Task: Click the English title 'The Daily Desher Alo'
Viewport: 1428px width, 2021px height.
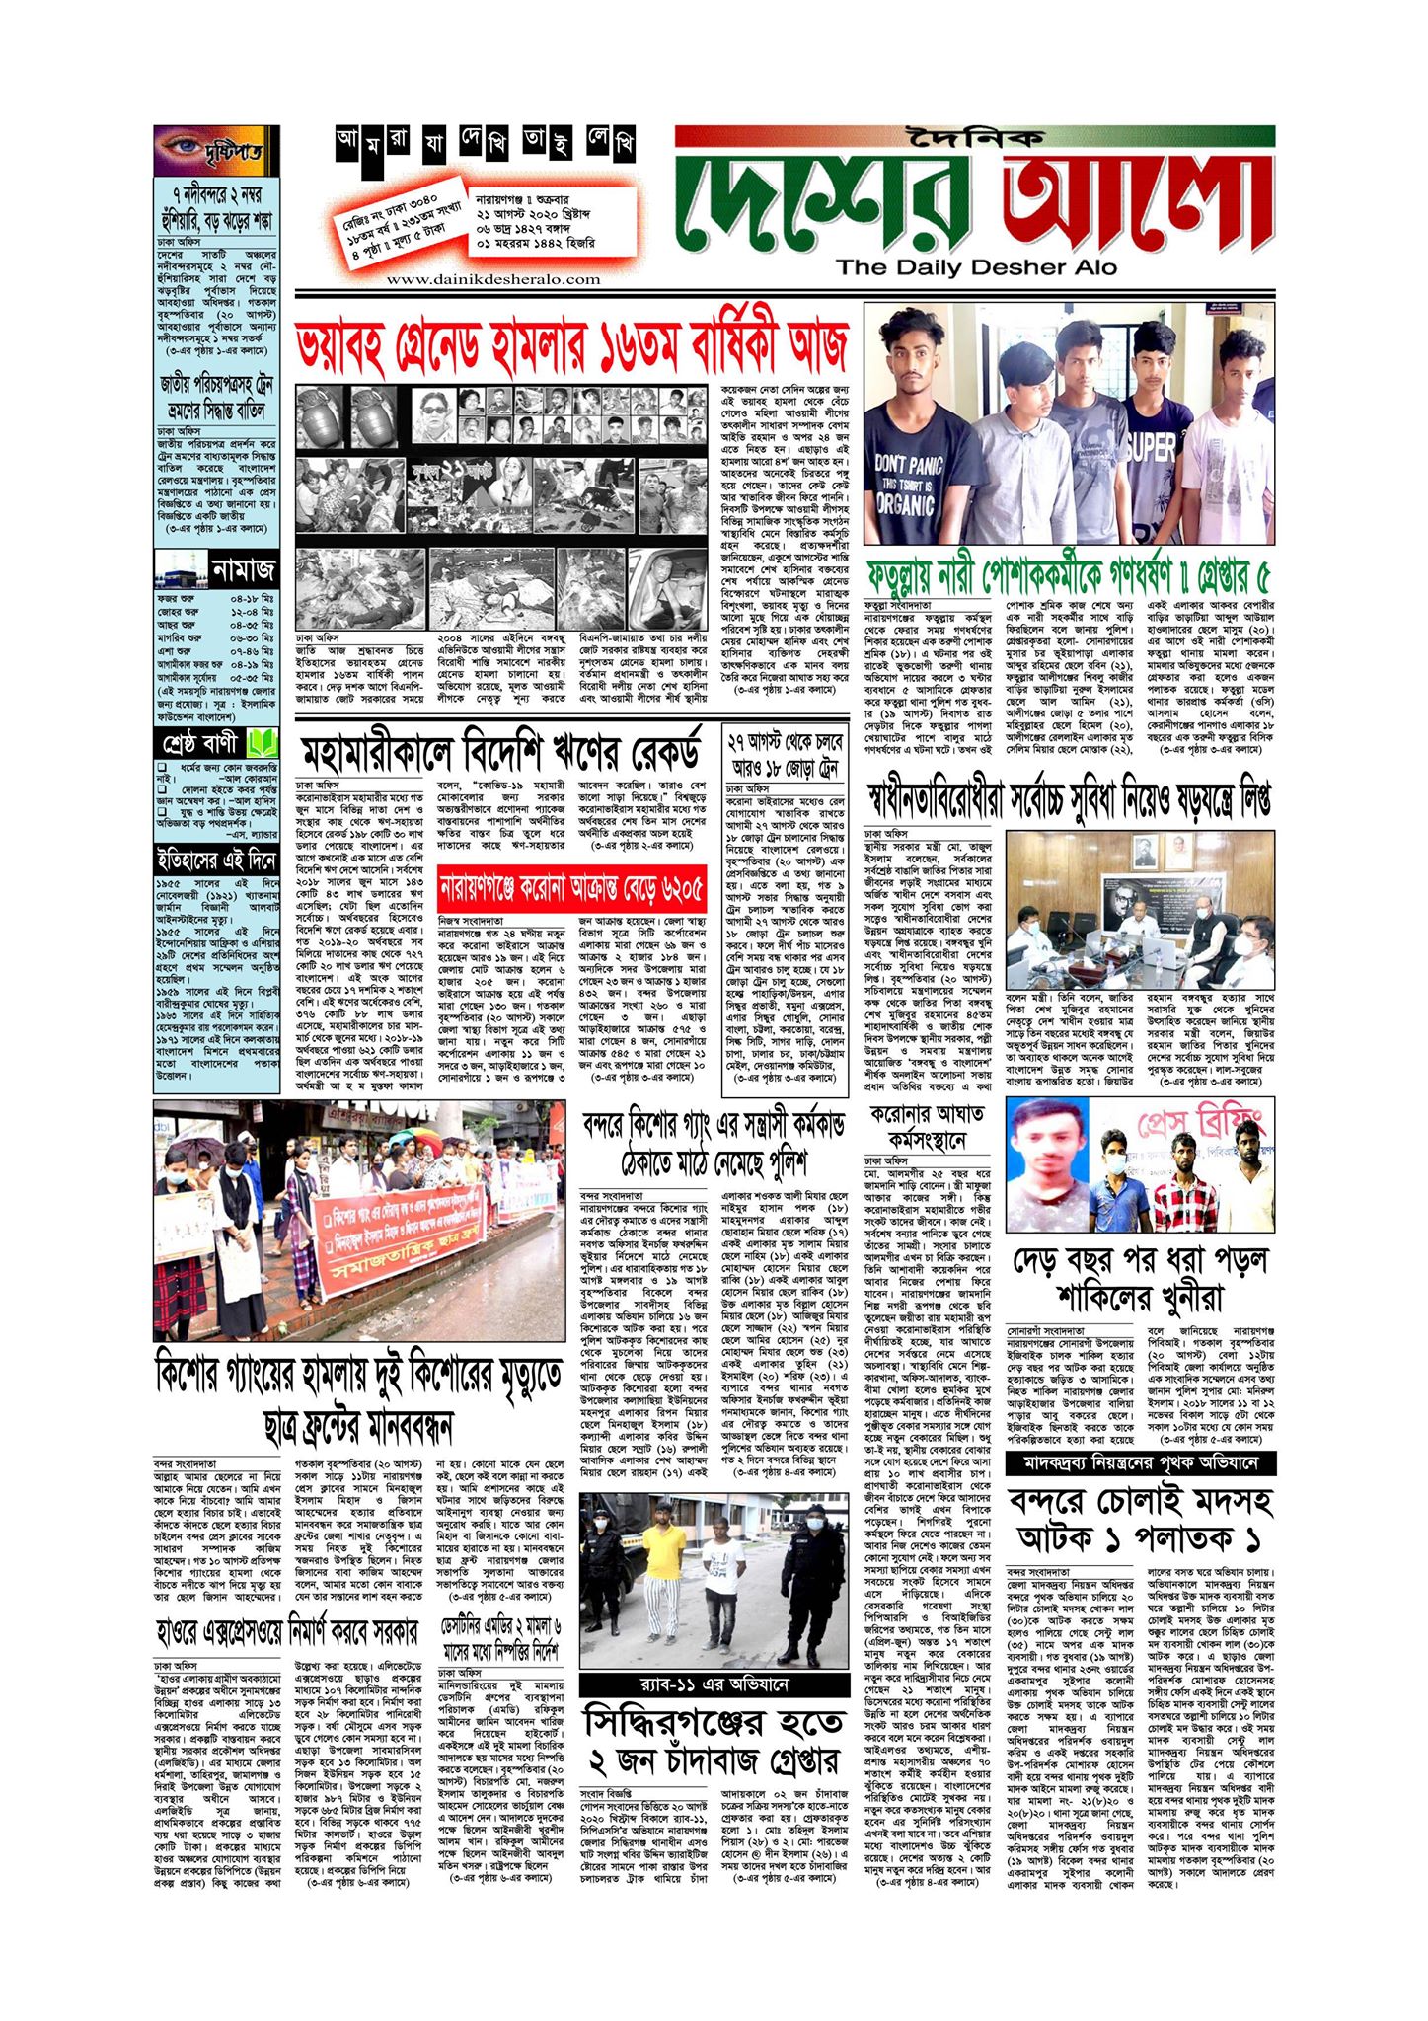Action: (x=976, y=266)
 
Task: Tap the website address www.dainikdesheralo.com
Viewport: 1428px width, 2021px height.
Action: (x=480, y=279)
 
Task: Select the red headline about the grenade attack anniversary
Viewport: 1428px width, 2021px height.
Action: (x=571, y=345)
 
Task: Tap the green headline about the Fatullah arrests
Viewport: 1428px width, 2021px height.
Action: (x=1068, y=573)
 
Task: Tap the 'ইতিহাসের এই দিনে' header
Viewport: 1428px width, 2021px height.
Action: (x=216, y=861)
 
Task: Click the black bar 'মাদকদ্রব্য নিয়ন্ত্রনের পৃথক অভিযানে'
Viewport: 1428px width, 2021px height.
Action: (x=1140, y=1462)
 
